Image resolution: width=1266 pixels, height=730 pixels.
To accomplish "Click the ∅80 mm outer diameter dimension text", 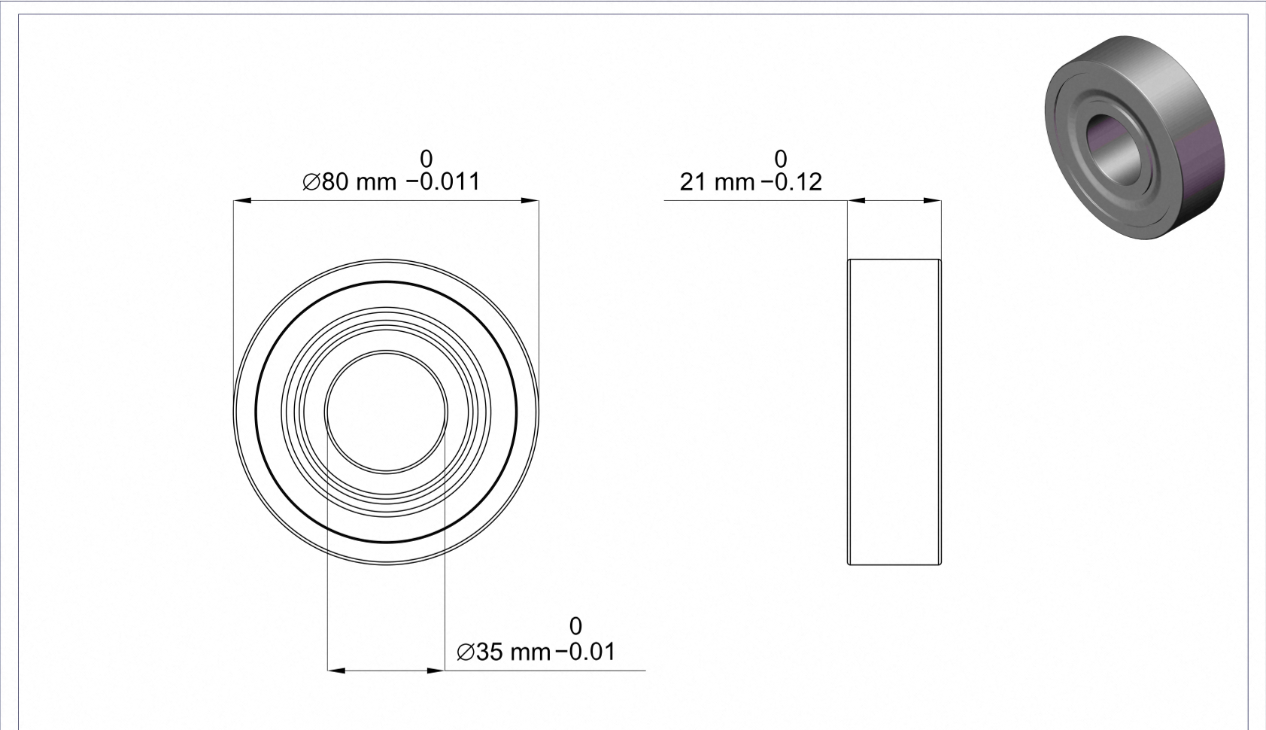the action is [350, 182].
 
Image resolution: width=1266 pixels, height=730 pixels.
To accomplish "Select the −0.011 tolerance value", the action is [443, 182].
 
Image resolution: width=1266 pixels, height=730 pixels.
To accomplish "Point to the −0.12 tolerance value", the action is [792, 182].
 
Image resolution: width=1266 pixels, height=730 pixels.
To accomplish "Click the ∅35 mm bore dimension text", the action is [503, 652].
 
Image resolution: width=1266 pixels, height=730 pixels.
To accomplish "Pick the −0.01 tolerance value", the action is [585, 652].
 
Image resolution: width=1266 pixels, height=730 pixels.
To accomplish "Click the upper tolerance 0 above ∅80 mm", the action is [427, 158].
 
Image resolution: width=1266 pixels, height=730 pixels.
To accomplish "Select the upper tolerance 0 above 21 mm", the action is [781, 158].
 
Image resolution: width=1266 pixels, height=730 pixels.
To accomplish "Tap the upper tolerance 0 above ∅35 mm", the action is [575, 626].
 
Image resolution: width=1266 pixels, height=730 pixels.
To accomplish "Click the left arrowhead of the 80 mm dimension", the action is [242, 200].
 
